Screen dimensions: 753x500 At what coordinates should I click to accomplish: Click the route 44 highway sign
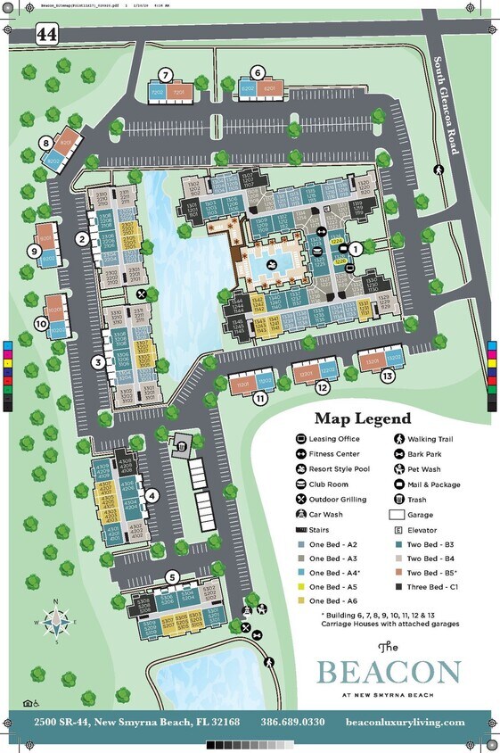click(x=45, y=34)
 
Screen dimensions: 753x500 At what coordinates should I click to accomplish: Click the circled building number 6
click(x=257, y=72)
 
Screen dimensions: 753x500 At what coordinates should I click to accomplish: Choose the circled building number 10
click(x=40, y=324)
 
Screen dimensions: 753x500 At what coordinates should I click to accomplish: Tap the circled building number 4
click(x=152, y=496)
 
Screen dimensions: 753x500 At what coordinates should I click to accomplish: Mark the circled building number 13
click(x=387, y=376)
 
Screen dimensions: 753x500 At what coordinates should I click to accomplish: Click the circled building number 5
click(x=172, y=577)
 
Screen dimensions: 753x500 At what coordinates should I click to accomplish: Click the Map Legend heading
click(x=362, y=418)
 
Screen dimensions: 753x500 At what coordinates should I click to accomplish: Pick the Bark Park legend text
click(x=427, y=454)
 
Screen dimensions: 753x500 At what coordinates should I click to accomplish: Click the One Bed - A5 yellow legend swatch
click(x=300, y=586)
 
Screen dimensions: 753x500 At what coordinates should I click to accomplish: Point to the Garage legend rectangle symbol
click(x=397, y=515)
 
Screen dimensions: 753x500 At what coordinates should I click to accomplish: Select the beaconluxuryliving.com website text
click(x=405, y=721)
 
